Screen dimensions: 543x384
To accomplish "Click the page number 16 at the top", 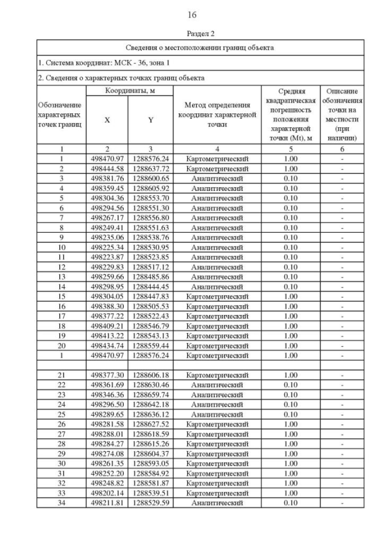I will pyautogui.click(x=192, y=15).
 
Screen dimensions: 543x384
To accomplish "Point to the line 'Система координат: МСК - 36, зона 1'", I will pyautogui.click(x=104, y=62).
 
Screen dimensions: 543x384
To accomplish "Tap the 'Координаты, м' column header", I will pyautogui.click(x=130, y=91).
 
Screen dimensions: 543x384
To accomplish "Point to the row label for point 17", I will pyautogui.click(x=61, y=316).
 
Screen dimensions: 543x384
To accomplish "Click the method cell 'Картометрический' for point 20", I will pyautogui.click(x=217, y=345).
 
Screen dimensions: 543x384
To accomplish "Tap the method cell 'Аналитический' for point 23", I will pyautogui.click(x=217, y=394).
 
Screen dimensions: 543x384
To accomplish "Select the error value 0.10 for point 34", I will pyautogui.click(x=290, y=502).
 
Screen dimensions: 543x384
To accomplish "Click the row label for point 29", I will pyautogui.click(x=61, y=453).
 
